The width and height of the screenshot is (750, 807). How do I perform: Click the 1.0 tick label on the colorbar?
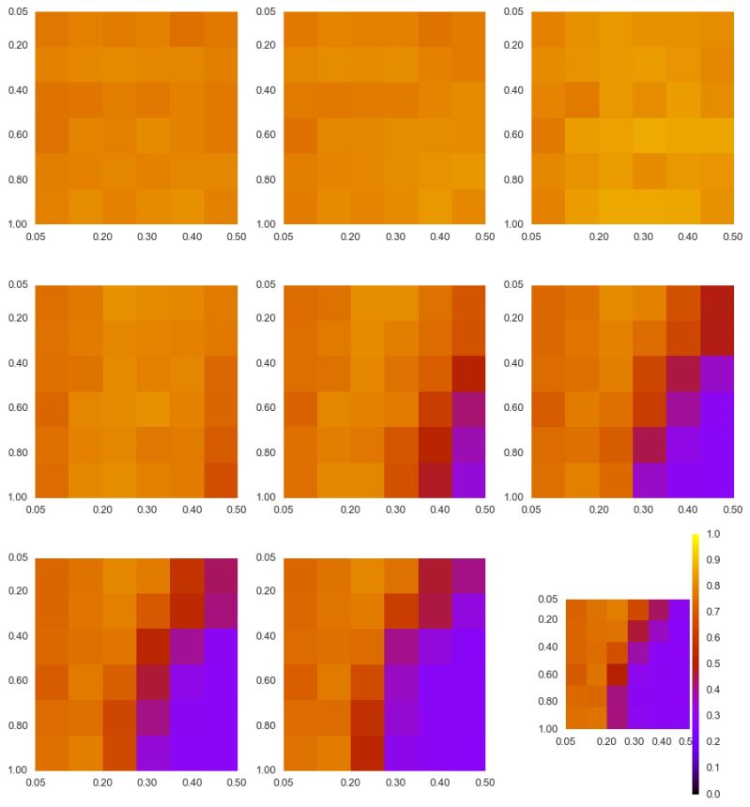(712, 535)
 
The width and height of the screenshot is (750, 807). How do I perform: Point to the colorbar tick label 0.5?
(712, 663)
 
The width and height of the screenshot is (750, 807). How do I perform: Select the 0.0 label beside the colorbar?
(712, 794)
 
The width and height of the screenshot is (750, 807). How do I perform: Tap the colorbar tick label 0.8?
(712, 586)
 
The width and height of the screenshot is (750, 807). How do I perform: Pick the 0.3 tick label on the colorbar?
(712, 716)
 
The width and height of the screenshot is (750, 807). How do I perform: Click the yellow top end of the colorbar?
(696, 538)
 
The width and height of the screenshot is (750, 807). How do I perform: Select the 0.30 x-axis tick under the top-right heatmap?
(643, 237)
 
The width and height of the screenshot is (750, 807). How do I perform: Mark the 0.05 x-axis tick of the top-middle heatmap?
(283, 237)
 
